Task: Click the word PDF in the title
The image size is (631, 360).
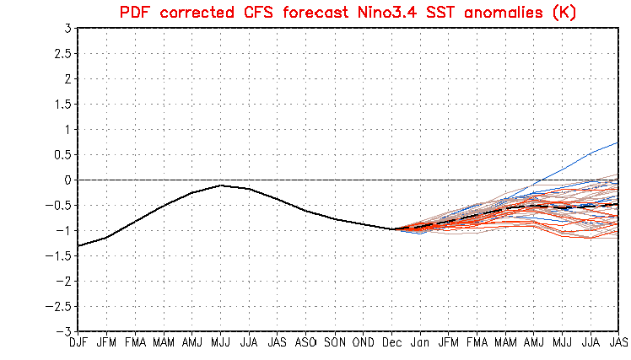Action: pos(140,11)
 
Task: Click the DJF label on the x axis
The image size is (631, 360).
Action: pos(78,343)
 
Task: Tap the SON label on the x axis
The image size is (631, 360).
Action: pos(335,343)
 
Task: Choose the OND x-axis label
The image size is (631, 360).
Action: pos(364,343)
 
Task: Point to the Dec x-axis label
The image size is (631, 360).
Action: pos(392,343)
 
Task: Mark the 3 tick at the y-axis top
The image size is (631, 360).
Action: pos(67,28)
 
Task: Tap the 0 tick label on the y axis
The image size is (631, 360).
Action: pos(67,180)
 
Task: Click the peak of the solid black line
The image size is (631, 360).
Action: pos(221,185)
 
